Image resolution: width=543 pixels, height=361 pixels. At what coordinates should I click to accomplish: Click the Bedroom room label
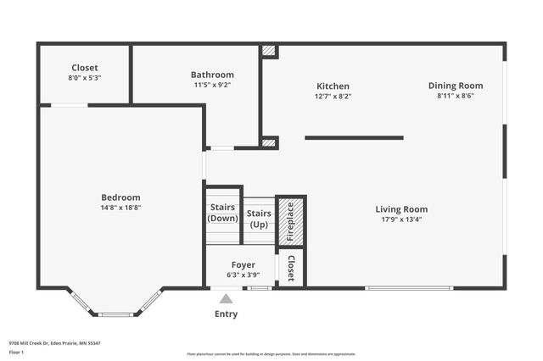tap(120, 197)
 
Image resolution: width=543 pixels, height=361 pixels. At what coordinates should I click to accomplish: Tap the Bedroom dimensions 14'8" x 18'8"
tap(120, 208)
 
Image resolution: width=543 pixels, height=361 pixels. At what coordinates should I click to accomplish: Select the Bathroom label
tap(212, 75)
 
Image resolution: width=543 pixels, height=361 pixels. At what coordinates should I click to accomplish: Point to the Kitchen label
tap(333, 86)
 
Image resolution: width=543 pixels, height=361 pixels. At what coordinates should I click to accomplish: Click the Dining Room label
tap(456, 86)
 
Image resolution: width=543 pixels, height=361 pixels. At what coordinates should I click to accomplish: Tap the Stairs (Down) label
tap(223, 213)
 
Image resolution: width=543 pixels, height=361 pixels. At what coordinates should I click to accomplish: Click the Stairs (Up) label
tap(259, 219)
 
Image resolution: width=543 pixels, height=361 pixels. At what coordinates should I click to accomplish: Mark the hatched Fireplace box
tap(290, 221)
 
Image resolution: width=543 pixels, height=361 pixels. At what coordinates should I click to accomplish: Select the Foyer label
tap(243, 264)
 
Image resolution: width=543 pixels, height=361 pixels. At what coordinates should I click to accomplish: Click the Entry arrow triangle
tap(226, 299)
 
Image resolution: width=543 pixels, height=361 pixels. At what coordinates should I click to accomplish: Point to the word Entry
tap(226, 314)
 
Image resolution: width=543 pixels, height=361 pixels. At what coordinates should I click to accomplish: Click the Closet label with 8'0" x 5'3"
tap(85, 68)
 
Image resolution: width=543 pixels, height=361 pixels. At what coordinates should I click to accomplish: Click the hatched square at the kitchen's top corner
tap(269, 51)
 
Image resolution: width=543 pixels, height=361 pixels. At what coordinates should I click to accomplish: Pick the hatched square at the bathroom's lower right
tap(269, 142)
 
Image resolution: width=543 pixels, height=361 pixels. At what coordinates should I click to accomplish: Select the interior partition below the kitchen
tap(354, 137)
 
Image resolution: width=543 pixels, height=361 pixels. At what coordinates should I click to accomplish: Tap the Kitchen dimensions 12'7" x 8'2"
tap(333, 97)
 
